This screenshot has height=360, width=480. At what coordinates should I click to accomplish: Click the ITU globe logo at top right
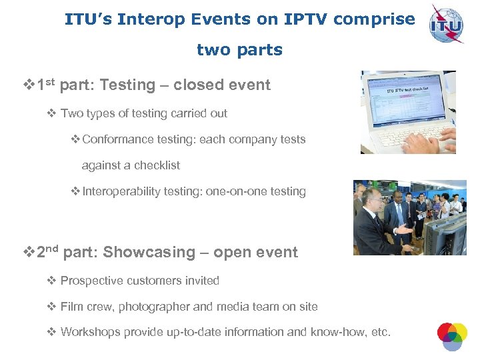pyautogui.click(x=446, y=24)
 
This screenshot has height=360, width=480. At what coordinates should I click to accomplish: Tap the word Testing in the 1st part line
pyautogui.click(x=127, y=85)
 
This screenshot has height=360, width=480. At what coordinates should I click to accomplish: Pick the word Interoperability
pyautogui.click(x=121, y=191)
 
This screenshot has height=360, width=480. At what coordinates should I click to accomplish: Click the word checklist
pyautogui.click(x=157, y=165)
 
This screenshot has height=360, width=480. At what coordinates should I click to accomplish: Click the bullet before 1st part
pyautogui.click(x=29, y=85)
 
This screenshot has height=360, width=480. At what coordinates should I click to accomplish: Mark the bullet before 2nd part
pyautogui.click(x=29, y=253)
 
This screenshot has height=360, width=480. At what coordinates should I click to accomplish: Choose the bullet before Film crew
pyautogui.click(x=51, y=307)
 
